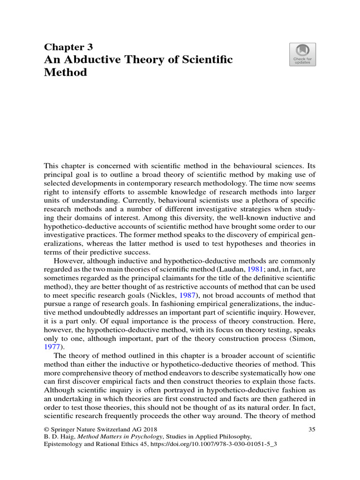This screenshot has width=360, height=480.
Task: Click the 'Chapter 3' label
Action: click(68, 47)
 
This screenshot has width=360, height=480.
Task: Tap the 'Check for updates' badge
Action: click(302, 55)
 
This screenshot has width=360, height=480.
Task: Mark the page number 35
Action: click(312, 429)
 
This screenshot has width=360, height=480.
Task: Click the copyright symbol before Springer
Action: click(46, 429)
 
